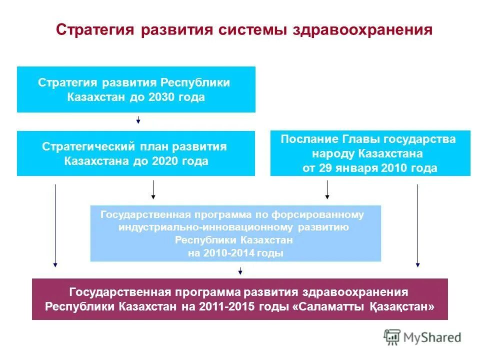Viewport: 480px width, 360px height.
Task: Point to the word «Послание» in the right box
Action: coord(308,139)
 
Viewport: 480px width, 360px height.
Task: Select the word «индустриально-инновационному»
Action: coord(207,227)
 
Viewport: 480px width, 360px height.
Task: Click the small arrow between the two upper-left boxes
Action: coord(138,120)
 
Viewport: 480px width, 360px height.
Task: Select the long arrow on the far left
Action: coord(55,225)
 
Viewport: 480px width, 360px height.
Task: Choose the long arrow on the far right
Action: coord(417,225)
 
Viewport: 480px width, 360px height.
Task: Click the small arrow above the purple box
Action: coord(240,271)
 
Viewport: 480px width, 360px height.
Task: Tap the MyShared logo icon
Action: coord(392,337)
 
